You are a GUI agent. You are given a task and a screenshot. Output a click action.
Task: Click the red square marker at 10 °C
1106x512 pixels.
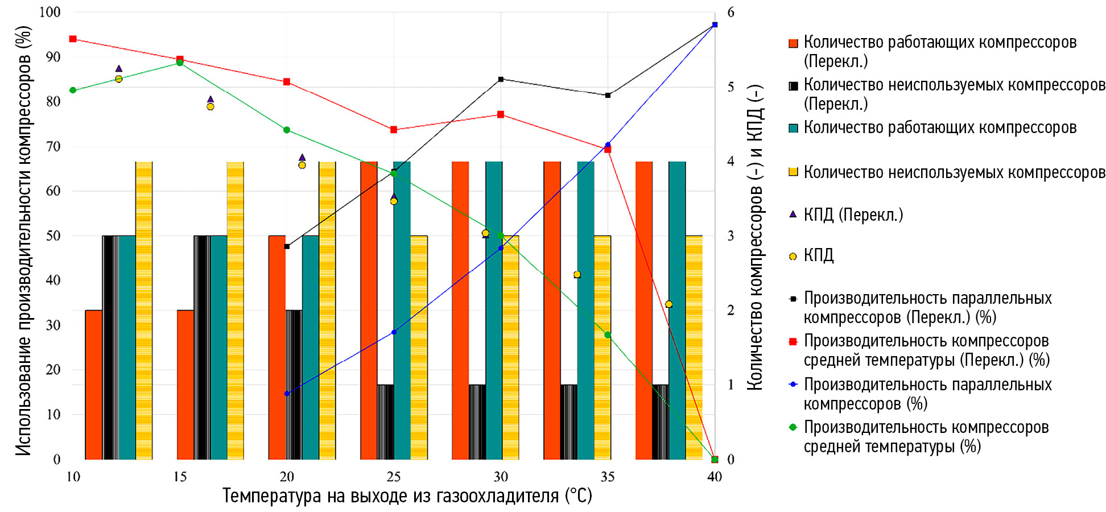click(73, 39)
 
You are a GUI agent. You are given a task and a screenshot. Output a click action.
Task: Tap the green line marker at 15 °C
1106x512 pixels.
click(180, 63)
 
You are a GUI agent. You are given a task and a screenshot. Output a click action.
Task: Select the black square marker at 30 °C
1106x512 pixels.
click(501, 79)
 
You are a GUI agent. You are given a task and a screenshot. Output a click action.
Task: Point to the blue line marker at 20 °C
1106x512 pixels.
click(287, 394)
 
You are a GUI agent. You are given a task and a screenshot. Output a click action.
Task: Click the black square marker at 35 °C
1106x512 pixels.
click(608, 95)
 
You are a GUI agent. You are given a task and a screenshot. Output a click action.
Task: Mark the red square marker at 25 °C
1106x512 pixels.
click(394, 130)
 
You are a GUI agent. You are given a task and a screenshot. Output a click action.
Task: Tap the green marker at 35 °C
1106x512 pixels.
click(608, 335)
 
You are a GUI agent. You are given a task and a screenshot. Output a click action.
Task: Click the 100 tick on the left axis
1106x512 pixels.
click(50, 12)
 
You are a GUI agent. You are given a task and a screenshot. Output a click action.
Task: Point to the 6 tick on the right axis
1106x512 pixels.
click(731, 12)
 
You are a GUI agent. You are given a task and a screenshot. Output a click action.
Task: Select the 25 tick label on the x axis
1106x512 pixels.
click(394, 477)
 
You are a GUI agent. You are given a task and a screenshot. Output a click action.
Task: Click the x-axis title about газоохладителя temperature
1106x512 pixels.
click(407, 496)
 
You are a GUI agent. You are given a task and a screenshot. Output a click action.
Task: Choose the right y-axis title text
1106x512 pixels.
click(754, 237)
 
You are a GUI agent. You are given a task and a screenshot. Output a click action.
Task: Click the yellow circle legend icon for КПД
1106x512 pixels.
click(793, 257)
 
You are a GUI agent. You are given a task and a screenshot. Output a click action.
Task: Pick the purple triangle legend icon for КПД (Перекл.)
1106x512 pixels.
click(793, 214)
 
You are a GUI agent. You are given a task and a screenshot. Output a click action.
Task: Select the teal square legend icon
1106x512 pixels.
click(793, 128)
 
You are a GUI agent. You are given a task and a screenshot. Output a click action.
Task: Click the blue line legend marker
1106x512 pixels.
click(793, 385)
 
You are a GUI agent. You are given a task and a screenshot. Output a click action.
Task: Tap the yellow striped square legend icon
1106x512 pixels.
click(793, 172)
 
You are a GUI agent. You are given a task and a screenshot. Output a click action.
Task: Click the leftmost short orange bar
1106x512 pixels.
click(94, 385)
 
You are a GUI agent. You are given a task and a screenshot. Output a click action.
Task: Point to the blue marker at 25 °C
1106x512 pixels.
click(394, 332)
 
